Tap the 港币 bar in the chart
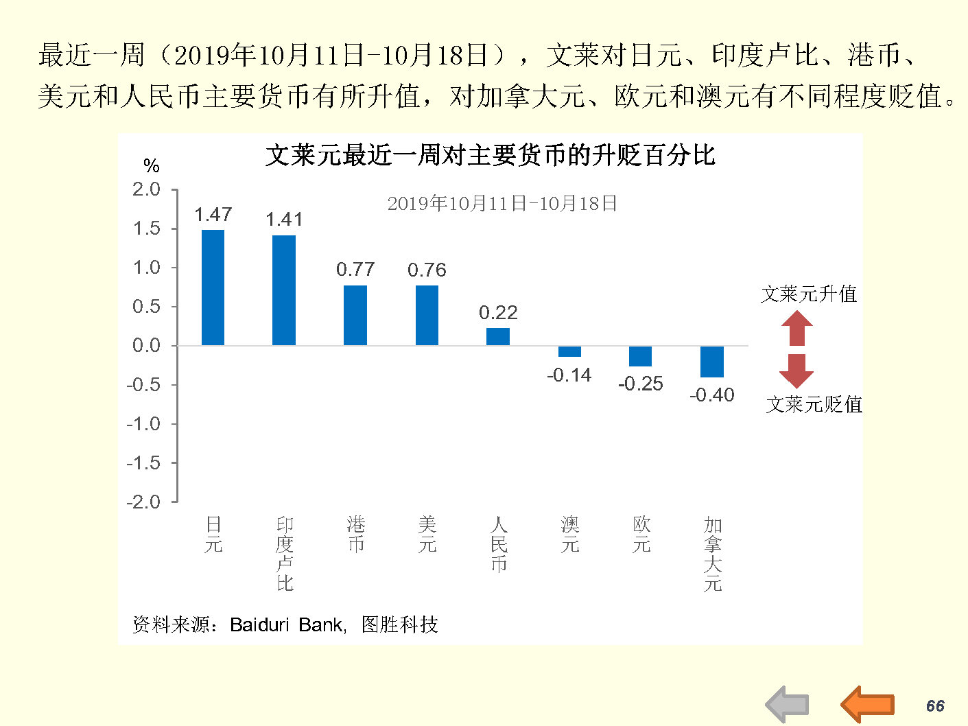355,315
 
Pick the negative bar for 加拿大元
712,362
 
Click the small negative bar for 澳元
569,351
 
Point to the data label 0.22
498,313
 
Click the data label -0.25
641,384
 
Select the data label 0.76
427,270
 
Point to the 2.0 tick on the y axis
146,189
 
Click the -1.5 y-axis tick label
143,463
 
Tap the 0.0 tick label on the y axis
146,346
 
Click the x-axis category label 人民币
499,545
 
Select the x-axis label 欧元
641,535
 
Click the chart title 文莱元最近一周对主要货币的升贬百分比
490,156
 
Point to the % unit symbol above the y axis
151,165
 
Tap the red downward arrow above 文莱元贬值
796,371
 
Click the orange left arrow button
868,703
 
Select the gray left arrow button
787,704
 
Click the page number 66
935,706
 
